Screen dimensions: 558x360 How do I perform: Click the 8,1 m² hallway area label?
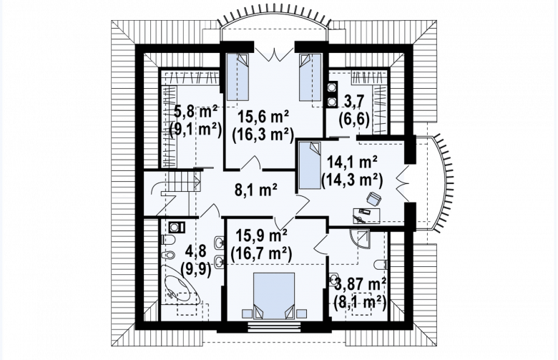(x=256, y=190)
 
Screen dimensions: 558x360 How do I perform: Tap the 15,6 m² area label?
(x=263, y=117)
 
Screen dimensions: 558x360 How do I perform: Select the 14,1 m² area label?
(x=351, y=162)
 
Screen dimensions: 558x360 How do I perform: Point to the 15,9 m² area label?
(x=262, y=235)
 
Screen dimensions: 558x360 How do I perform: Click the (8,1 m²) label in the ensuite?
(x=360, y=303)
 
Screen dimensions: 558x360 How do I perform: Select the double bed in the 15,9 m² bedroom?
(x=274, y=296)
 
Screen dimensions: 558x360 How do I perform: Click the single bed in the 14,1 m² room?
(x=310, y=165)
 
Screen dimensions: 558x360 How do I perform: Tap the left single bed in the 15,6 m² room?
(x=238, y=77)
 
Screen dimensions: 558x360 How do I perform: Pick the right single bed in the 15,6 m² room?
(x=310, y=77)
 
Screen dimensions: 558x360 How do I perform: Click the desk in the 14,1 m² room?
(x=366, y=216)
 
